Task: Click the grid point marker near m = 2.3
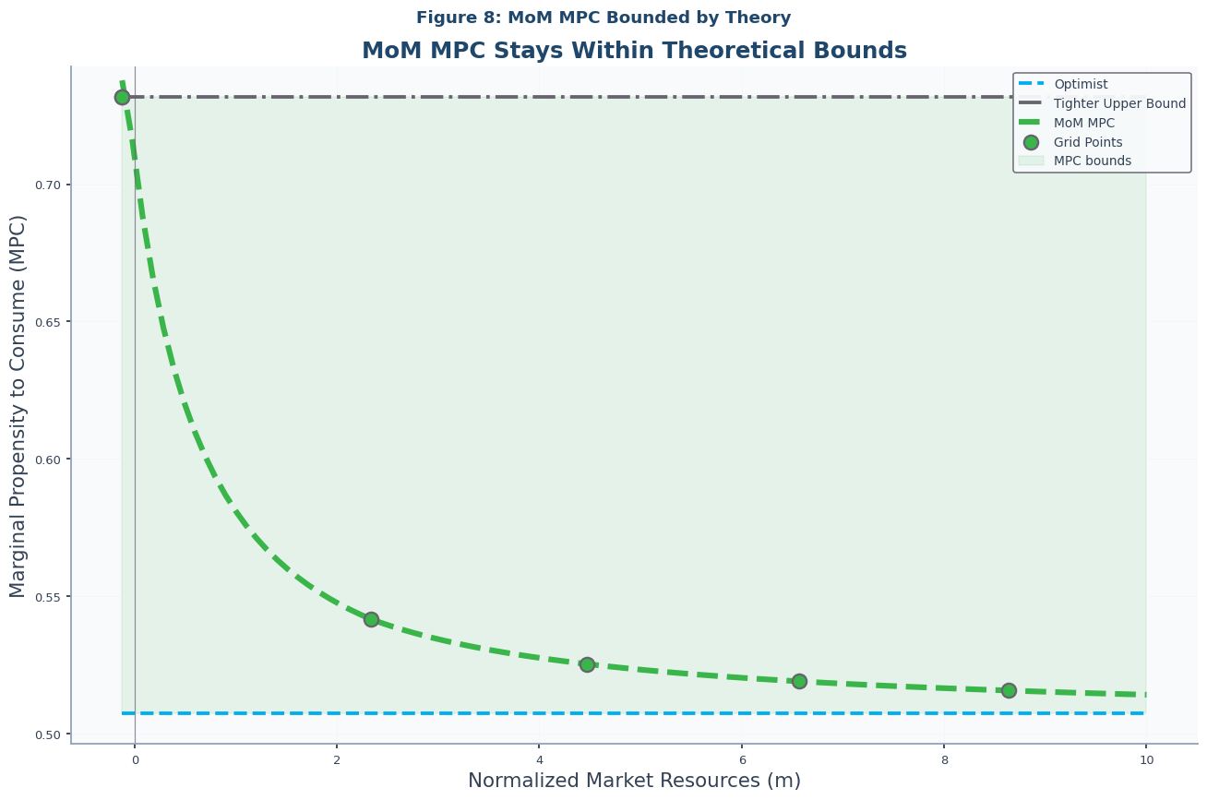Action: tap(371, 619)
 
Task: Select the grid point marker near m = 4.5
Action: tap(587, 664)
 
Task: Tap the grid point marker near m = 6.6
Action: tap(799, 681)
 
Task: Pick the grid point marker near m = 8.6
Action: tap(1009, 690)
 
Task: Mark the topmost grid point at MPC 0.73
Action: tap(122, 97)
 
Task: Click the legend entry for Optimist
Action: tap(1081, 84)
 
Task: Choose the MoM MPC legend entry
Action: tap(1083, 123)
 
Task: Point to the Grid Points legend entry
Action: tap(1088, 142)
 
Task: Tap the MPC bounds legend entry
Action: tap(1092, 161)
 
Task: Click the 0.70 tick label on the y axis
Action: tap(47, 185)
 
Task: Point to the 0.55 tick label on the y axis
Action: tap(47, 597)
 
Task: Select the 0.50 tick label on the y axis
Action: tap(47, 734)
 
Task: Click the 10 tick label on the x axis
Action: tap(1146, 759)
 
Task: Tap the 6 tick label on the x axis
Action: tap(741, 759)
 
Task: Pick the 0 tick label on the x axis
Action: tap(135, 759)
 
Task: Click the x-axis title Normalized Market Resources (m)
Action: tap(634, 781)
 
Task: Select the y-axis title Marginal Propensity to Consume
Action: tap(18, 406)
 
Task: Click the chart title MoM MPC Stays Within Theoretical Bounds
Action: tap(634, 51)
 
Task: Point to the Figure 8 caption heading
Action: tap(603, 18)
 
